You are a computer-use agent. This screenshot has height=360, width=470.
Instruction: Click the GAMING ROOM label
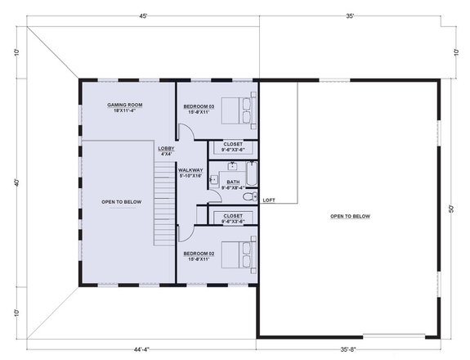point(126,106)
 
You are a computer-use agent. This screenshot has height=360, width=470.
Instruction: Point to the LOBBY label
point(166,149)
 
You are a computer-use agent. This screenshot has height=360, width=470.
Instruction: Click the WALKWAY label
point(190,169)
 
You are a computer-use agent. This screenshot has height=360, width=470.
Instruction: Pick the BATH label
point(233,182)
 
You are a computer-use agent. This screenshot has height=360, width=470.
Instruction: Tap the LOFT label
point(269,200)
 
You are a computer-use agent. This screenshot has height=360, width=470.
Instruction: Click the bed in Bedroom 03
point(242,106)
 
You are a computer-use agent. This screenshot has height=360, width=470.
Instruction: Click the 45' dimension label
point(143,16)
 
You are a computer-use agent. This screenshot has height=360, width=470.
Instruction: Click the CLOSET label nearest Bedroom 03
point(233,145)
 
